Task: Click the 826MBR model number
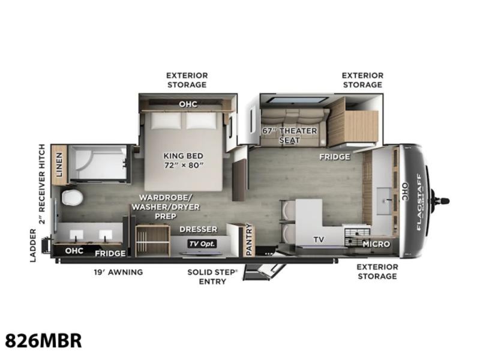point(43,340)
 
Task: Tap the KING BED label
point(184,156)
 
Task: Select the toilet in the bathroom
point(72,197)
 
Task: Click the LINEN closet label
point(59,164)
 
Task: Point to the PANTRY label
point(249,239)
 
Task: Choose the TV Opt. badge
point(202,244)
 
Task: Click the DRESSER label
point(199,229)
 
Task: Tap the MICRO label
point(376,244)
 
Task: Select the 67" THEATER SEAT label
point(290,136)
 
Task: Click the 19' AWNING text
point(118,272)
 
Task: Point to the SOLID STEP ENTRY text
point(212,277)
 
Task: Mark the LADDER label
point(33,245)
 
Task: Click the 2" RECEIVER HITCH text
point(41,184)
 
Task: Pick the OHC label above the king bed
point(188,104)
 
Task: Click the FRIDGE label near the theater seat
point(335,157)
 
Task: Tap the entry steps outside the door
point(264,271)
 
